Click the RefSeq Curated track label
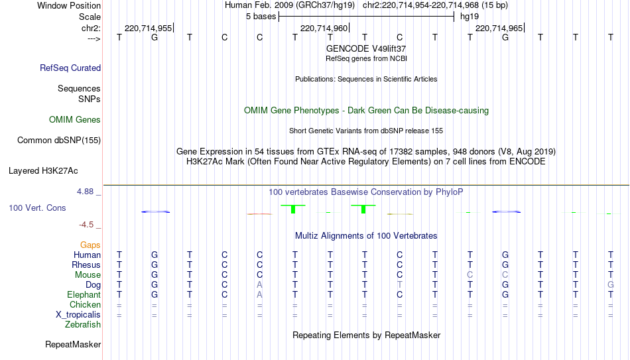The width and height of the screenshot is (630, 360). pos(70,68)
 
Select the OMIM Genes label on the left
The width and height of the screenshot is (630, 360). pos(75,120)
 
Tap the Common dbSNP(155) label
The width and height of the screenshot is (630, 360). pos(59,141)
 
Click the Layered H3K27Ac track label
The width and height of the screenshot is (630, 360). pos(43,171)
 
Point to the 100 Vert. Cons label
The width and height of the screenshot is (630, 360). pos(37,208)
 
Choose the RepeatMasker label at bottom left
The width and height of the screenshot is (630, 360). pos(73,344)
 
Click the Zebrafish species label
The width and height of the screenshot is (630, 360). pos(83,325)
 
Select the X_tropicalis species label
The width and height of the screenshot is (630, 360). pos(78,315)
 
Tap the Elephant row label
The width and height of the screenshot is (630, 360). pos(84,295)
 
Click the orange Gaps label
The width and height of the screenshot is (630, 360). pos(90,245)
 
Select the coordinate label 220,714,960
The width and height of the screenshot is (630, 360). pos(324,28)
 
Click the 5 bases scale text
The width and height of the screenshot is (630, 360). pos(261,17)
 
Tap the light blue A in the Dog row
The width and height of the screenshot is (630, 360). pos(259,285)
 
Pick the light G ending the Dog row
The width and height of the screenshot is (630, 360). pos(611,285)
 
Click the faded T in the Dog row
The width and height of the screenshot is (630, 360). pos(399,285)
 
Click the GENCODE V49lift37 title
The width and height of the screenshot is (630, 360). pos(366,48)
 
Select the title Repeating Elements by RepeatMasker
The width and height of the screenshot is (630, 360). pos(367,335)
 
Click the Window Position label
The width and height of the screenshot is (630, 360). pos(69,5)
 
